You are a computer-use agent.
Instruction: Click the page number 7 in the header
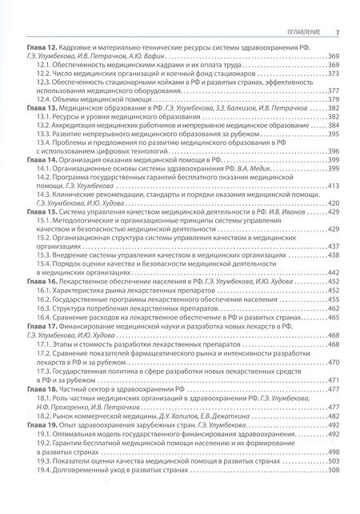click(338, 32)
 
